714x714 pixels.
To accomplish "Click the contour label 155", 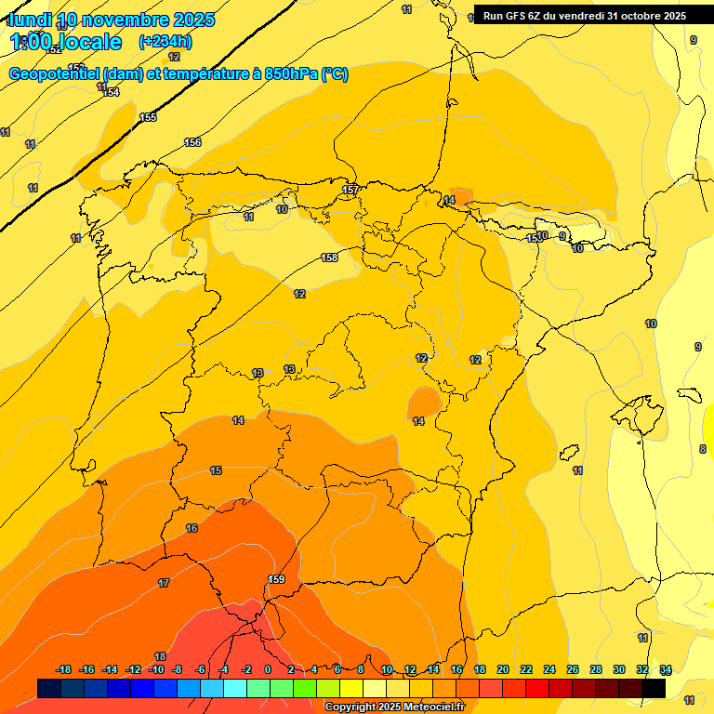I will (148, 117).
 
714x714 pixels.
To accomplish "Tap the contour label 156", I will (192, 142).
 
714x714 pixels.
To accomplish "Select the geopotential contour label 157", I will (350, 190).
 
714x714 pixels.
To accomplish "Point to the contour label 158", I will (329, 258).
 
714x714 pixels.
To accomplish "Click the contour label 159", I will (276, 579).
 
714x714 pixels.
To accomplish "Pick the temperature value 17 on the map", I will (164, 583).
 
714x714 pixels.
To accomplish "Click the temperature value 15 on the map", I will (216, 470).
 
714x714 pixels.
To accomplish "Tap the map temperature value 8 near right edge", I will (702, 449).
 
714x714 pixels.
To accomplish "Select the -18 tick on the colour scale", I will (63, 669).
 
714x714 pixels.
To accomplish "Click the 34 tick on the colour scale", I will (666, 669).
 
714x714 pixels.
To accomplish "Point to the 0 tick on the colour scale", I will (268, 669).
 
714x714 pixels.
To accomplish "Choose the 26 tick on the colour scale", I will (573, 669).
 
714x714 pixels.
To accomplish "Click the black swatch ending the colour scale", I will (654, 688).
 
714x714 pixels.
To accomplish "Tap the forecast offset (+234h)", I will (165, 41).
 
